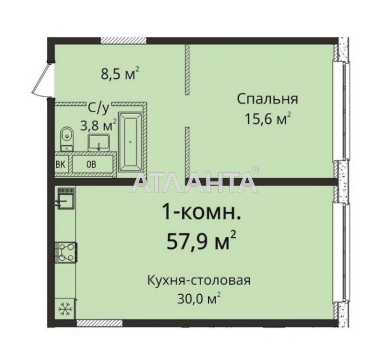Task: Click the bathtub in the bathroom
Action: [130, 141]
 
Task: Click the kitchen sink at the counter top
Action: [66, 198]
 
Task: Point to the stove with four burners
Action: [66, 252]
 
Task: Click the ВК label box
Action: [60, 164]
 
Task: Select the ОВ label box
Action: [91, 164]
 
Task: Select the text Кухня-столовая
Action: [198, 281]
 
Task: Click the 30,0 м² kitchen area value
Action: [198, 298]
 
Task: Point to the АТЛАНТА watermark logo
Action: [195, 181]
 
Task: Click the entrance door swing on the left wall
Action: [43, 80]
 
